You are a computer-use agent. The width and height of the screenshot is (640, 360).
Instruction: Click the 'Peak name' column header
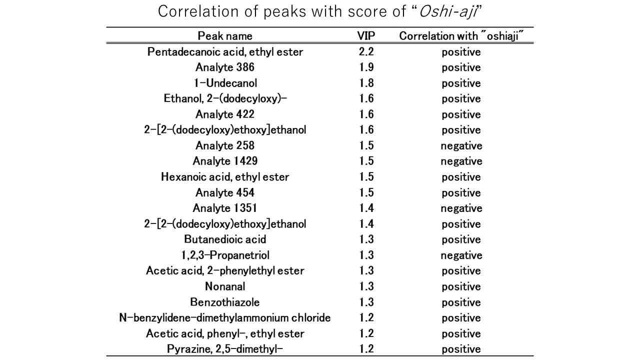coord(225,36)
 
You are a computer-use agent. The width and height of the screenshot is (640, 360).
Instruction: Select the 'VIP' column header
coord(366,35)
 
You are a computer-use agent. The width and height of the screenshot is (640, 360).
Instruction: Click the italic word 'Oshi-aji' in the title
coord(448,12)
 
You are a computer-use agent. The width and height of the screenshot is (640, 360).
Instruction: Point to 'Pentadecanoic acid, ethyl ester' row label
coord(225,51)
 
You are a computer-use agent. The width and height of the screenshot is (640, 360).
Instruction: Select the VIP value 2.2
coord(366,51)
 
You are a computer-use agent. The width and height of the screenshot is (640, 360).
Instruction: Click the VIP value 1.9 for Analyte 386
coord(366,67)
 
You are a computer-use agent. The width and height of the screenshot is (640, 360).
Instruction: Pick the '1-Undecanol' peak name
coord(225,83)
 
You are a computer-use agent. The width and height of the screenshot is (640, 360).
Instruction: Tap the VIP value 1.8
coord(366,83)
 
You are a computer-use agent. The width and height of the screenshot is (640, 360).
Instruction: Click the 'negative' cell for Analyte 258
coord(461,146)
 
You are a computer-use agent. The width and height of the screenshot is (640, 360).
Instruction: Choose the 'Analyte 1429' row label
coord(225,161)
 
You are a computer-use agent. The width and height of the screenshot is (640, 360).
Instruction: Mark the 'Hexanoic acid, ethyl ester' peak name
coord(225,177)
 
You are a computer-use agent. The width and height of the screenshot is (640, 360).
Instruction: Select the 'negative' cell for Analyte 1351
coord(461,208)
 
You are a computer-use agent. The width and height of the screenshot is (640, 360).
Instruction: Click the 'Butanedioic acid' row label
coord(225,239)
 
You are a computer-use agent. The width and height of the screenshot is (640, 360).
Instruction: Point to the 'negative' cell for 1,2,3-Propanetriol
coord(461,255)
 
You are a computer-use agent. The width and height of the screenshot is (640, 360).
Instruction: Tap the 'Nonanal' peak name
coord(225,286)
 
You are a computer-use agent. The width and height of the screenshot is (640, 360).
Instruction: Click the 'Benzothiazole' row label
coord(225,302)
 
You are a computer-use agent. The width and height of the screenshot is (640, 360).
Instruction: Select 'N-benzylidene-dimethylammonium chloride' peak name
coord(225,317)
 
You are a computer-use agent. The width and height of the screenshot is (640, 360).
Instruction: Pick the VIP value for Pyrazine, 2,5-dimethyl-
coord(366,349)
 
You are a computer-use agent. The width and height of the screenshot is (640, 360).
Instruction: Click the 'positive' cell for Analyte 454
coord(461,193)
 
